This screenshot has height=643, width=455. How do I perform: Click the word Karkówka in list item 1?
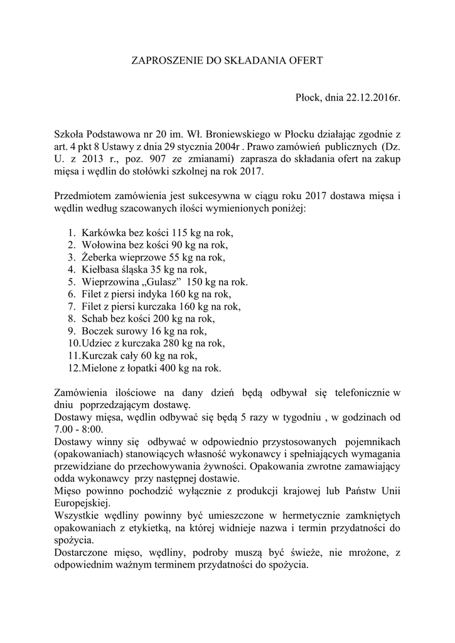pos(100,232)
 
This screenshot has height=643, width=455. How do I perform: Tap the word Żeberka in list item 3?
pos(99,257)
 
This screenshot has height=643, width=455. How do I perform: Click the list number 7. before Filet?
pos(72,306)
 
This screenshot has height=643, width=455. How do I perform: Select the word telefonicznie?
pos(360,392)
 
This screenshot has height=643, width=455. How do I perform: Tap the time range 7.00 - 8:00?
pos(82,429)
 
